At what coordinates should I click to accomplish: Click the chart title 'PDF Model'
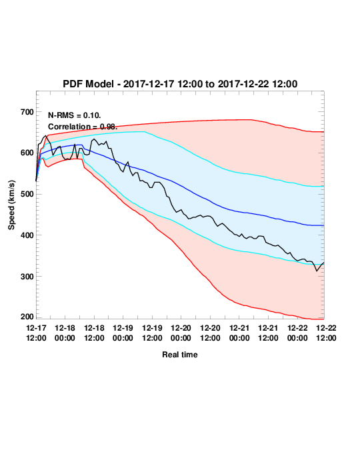tap(88, 84)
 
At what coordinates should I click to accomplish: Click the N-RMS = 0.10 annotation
tap(74, 115)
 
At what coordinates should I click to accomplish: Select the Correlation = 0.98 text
tap(83, 127)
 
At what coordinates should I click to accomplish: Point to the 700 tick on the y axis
tap(27, 112)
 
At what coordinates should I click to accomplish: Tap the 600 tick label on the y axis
tap(27, 153)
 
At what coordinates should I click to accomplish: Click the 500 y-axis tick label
tap(27, 194)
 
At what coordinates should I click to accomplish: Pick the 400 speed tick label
tap(27, 235)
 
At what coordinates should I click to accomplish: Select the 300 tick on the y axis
tap(27, 277)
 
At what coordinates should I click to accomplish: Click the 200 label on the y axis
tap(27, 317)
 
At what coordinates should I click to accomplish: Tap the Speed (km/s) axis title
tap(11, 205)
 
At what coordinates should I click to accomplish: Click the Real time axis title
tap(180, 355)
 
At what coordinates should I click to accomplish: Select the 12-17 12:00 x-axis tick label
tap(36, 333)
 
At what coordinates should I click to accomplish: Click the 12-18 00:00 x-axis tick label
tap(65, 333)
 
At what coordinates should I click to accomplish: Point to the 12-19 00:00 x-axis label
tap(123, 333)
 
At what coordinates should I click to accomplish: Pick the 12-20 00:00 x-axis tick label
tap(181, 333)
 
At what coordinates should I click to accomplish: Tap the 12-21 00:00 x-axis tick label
tap(239, 333)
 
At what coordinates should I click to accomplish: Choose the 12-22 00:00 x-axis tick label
tap(297, 333)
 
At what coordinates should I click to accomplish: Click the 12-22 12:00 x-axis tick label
tap(326, 333)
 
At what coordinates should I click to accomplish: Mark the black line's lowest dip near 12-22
tap(317, 271)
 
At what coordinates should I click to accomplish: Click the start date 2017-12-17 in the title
tap(149, 84)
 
